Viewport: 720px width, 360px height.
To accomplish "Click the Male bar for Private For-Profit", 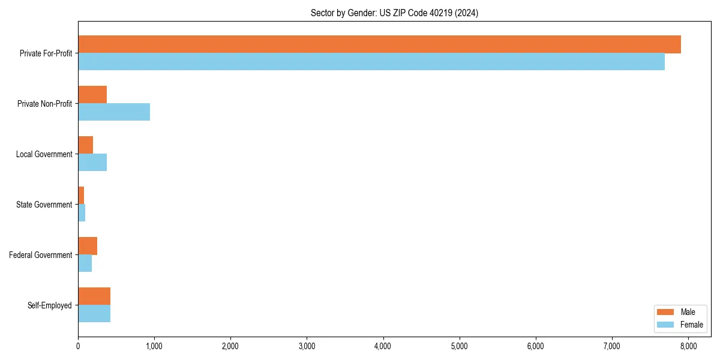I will [379, 44].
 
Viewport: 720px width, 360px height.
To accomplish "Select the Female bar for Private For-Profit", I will [371, 62].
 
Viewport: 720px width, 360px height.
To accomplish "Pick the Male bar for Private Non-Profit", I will [92, 95].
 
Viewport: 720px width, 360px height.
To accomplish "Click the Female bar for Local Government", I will [92, 163].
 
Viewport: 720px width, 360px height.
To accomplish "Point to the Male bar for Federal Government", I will [88, 246].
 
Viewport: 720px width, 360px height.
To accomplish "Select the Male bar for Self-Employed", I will [94, 296].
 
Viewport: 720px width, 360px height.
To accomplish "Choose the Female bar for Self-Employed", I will [94, 314].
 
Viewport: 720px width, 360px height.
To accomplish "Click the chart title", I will [394, 13].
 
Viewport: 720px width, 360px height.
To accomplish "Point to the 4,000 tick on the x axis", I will [383, 346].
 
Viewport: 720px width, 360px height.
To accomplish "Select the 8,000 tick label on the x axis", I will [688, 346].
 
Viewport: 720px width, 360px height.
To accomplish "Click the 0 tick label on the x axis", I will [78, 346].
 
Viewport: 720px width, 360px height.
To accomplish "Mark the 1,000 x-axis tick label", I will [154, 346].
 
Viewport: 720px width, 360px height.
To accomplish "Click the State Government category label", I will [44, 205].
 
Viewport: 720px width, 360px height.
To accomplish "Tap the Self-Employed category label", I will [49, 305].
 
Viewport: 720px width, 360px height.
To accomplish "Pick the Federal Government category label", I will [41, 255].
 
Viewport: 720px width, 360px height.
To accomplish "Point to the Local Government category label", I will [44, 154].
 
